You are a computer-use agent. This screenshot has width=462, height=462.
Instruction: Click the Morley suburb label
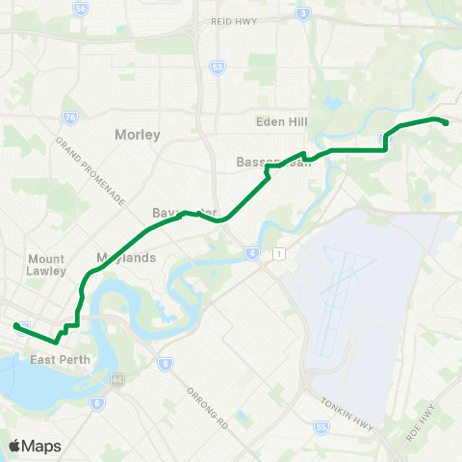pyautogui.click(x=137, y=135)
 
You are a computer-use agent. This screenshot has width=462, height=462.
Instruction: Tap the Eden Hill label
pyautogui.click(x=280, y=122)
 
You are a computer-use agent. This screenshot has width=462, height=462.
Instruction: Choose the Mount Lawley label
pyautogui.click(x=46, y=266)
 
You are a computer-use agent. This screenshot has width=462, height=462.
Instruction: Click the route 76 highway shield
pyautogui.click(x=69, y=117)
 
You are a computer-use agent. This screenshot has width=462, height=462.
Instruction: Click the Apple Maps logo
pyautogui.click(x=35, y=446)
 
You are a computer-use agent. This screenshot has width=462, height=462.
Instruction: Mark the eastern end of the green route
pyautogui.click(x=446, y=121)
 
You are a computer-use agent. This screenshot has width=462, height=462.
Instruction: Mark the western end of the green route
pyautogui.click(x=15, y=326)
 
